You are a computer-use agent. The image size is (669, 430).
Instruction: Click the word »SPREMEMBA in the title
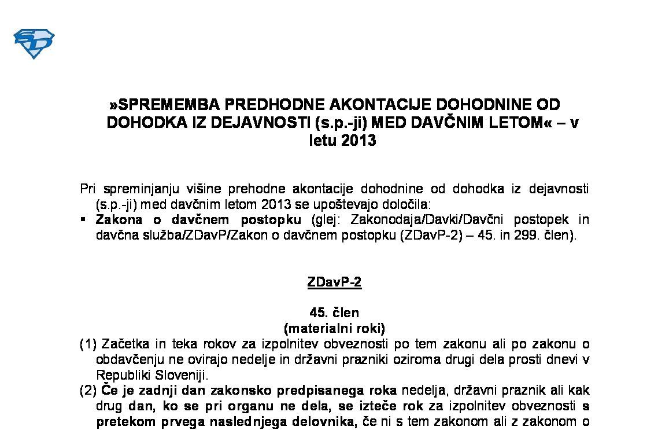click(x=164, y=105)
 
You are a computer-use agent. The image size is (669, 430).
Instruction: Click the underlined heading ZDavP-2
click(x=334, y=282)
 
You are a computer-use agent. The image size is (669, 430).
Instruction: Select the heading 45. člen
click(x=334, y=313)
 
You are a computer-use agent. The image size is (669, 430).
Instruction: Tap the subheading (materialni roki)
click(x=334, y=328)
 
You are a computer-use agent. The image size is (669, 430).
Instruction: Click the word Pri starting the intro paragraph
click(x=87, y=189)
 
